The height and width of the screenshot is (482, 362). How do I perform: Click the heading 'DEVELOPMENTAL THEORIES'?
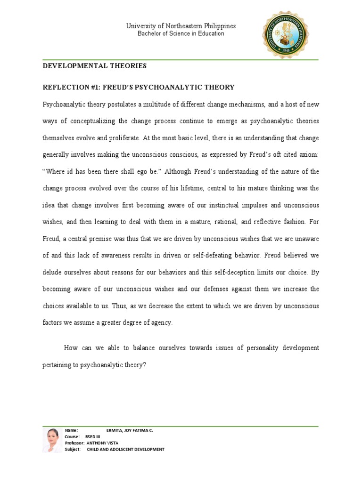[95, 66]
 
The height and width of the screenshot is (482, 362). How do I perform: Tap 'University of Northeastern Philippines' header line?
[181, 26]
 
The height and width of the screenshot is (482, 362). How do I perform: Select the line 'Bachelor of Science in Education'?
[181, 34]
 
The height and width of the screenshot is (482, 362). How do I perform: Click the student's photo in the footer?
[52, 440]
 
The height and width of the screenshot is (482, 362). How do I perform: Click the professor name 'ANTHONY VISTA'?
[103, 443]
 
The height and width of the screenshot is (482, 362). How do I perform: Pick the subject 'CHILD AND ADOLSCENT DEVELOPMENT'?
[125, 450]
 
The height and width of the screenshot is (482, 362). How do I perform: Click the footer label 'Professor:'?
[75, 443]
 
